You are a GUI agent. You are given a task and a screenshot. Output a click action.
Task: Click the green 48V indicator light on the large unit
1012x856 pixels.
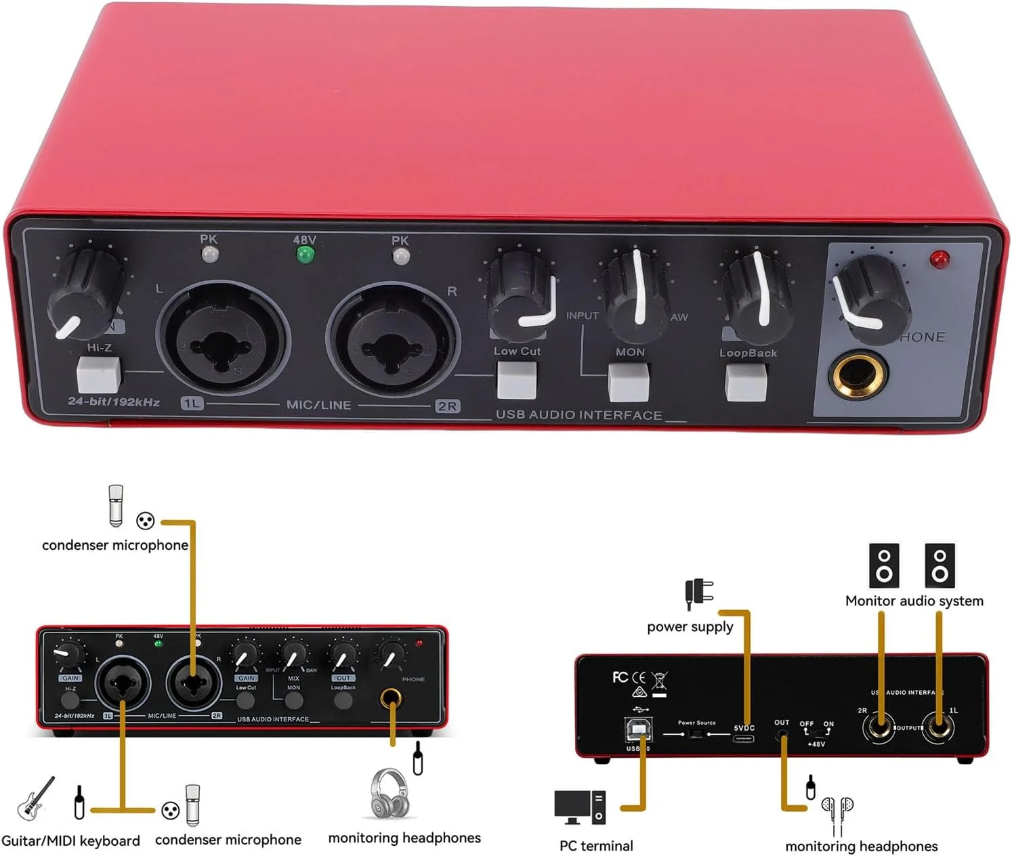coord(305,255)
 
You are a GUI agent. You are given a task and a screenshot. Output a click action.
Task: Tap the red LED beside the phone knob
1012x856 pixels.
coord(940,259)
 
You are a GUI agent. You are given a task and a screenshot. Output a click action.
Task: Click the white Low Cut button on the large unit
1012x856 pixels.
coord(517,380)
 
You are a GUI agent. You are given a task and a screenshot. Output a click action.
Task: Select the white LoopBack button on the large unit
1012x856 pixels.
coord(746,383)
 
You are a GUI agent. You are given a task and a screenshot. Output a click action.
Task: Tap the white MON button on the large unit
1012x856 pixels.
coord(629,382)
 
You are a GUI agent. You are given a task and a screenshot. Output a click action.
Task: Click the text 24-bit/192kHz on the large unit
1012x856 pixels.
coord(114,402)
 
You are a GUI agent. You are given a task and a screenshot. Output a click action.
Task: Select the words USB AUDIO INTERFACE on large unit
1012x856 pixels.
coord(578,415)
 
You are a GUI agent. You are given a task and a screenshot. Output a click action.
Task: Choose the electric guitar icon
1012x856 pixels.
coord(36,798)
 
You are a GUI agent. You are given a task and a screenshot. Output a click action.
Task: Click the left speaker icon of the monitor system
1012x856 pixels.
coord(884,565)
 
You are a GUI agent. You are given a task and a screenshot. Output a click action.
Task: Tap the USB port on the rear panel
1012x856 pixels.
coord(637,730)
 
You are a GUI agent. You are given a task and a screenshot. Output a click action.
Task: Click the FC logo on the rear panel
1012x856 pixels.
coord(619,677)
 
